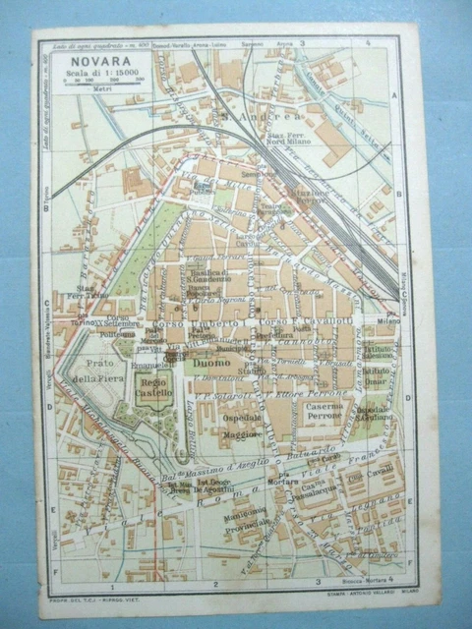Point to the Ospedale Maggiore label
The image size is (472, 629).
click(241, 424)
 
